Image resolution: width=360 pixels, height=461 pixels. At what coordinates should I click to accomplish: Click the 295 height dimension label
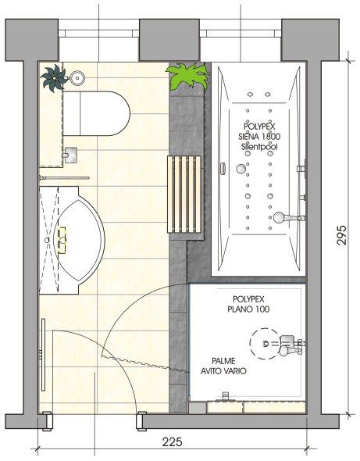[342, 235]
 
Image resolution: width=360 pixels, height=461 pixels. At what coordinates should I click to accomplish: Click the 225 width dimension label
[173, 441]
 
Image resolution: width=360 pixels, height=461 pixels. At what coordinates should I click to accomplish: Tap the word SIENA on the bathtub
[248, 137]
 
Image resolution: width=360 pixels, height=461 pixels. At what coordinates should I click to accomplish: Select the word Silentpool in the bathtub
[259, 146]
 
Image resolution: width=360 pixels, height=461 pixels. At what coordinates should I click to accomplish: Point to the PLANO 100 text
[248, 309]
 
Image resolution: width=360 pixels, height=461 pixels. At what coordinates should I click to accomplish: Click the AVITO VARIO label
[223, 371]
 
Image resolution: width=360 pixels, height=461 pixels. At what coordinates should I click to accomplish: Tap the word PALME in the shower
[223, 361]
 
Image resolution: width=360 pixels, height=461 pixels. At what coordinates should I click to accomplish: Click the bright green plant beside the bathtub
[187, 74]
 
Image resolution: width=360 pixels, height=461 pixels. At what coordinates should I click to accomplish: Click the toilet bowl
[96, 113]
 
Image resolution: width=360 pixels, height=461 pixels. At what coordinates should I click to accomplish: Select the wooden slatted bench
[184, 194]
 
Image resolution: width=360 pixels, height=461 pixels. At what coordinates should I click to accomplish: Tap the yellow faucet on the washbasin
[62, 240]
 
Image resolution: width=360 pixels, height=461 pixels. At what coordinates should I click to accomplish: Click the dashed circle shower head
[264, 343]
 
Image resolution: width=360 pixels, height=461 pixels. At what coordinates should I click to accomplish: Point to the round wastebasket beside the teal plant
[77, 78]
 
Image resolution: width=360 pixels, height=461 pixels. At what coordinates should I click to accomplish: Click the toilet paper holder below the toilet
[70, 155]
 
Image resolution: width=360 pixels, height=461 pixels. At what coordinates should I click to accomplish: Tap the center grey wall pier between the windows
[169, 40]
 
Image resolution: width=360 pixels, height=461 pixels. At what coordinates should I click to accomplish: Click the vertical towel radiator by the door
[43, 355]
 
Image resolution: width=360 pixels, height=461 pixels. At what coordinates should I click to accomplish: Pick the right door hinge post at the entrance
[141, 421]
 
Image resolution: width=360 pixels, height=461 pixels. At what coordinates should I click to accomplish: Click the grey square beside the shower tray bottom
[198, 408]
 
